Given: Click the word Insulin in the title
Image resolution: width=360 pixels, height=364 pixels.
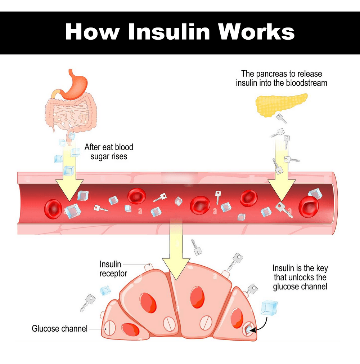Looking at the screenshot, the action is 169,32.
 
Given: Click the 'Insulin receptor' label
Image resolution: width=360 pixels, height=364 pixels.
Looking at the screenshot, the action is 113,269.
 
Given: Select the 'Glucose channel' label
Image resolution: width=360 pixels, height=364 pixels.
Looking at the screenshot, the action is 60,328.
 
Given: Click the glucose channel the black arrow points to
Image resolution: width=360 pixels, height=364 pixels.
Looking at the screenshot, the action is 247,329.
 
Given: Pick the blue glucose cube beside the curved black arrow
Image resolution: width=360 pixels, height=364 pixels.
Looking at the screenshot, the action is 269,308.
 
